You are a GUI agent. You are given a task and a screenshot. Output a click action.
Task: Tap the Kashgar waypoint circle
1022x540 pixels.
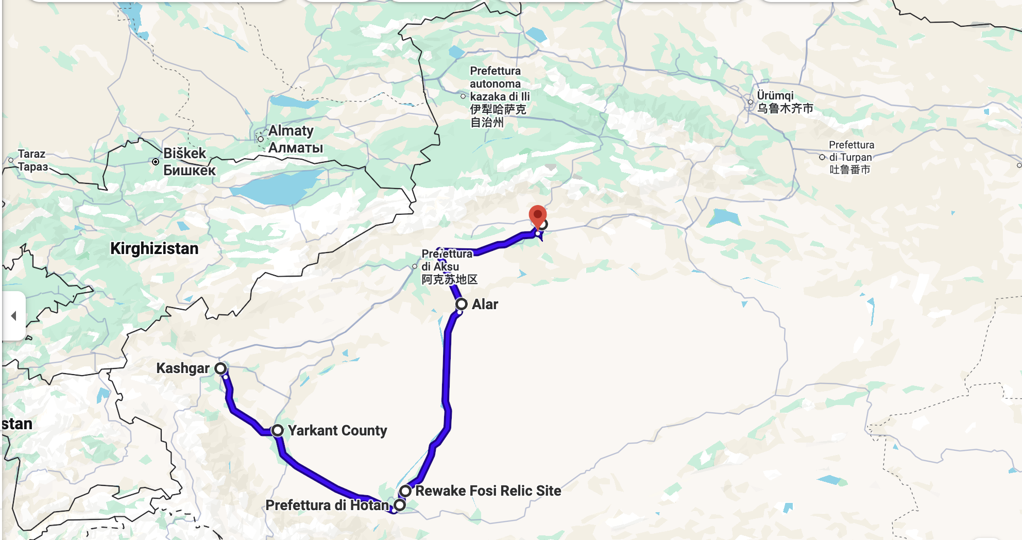220,368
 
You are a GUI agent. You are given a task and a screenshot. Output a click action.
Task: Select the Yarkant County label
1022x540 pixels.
337,430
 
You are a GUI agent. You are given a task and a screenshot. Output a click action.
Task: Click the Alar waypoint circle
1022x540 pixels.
461,304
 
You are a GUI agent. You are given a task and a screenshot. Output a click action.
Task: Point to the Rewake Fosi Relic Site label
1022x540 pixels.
488,491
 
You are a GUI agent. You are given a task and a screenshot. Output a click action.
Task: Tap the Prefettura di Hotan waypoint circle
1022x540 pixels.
400,504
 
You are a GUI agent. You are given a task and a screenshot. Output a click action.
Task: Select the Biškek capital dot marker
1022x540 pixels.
156,162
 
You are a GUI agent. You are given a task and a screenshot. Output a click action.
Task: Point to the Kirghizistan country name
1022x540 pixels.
154,248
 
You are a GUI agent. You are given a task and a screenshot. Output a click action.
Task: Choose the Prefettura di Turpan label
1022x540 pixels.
850,157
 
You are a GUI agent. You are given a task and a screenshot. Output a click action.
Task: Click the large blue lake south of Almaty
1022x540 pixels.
278,187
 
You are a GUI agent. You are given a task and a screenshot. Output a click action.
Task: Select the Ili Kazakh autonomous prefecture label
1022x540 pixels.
499,96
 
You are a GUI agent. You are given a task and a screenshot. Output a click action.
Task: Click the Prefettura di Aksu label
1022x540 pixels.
449,267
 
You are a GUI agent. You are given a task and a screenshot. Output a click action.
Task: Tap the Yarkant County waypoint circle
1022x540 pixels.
278,430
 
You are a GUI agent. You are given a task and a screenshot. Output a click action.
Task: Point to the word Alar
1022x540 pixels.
485,304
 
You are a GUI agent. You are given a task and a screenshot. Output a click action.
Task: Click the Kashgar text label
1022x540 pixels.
183,368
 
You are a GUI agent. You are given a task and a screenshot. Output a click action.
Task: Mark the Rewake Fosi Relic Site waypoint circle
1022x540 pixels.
405,491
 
